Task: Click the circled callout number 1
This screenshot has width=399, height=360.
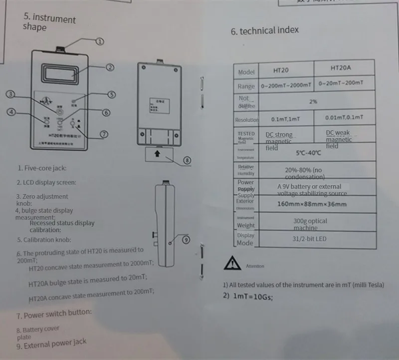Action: (x=100, y=41)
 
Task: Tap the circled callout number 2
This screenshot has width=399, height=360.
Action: (x=110, y=67)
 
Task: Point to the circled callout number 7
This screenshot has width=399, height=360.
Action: (x=104, y=134)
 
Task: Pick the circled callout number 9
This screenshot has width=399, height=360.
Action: (x=186, y=240)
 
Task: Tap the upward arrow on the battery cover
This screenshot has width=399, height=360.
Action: (x=157, y=154)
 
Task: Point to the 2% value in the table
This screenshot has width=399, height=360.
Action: (x=313, y=101)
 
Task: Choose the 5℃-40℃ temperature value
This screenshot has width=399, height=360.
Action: (x=308, y=152)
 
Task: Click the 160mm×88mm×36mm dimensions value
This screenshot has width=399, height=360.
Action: (x=312, y=204)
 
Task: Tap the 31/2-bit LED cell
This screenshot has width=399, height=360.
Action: (x=309, y=239)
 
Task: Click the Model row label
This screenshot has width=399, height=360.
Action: (x=246, y=72)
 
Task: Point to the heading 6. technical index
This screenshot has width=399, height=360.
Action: (x=264, y=30)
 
